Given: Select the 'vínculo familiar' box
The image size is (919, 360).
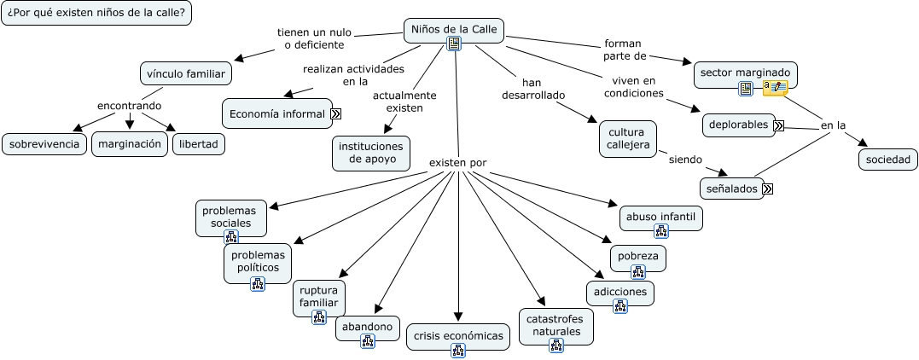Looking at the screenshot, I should click(185, 73).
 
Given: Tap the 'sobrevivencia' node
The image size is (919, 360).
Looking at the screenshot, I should click(44, 143).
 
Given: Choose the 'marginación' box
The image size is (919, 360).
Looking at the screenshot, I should click(130, 143).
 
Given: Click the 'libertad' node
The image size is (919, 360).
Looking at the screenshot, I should click(199, 143).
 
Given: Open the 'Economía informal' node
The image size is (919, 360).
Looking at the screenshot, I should click(277, 113).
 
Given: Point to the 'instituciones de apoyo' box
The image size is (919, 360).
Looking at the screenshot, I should click(371, 153).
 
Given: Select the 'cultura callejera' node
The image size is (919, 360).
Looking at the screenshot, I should click(628, 138).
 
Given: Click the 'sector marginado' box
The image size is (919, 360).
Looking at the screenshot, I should click(746, 73).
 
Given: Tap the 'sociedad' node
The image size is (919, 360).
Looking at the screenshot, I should click(888, 159).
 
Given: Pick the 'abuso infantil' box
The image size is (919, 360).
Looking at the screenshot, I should click(660, 217).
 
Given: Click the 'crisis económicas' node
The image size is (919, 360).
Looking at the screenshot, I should click(458, 335).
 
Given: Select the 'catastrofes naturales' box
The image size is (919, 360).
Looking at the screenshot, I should click(556, 325).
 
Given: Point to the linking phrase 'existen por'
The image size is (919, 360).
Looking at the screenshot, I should click(457, 162).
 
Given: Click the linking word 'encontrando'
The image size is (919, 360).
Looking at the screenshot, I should click(129, 105).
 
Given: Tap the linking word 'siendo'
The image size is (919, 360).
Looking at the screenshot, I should click(685, 159).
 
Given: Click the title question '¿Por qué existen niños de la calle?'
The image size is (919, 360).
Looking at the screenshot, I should click(96, 13).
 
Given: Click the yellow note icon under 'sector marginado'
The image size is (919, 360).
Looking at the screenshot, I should click(776, 88).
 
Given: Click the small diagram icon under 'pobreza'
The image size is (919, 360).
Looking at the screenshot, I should click(637, 272).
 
